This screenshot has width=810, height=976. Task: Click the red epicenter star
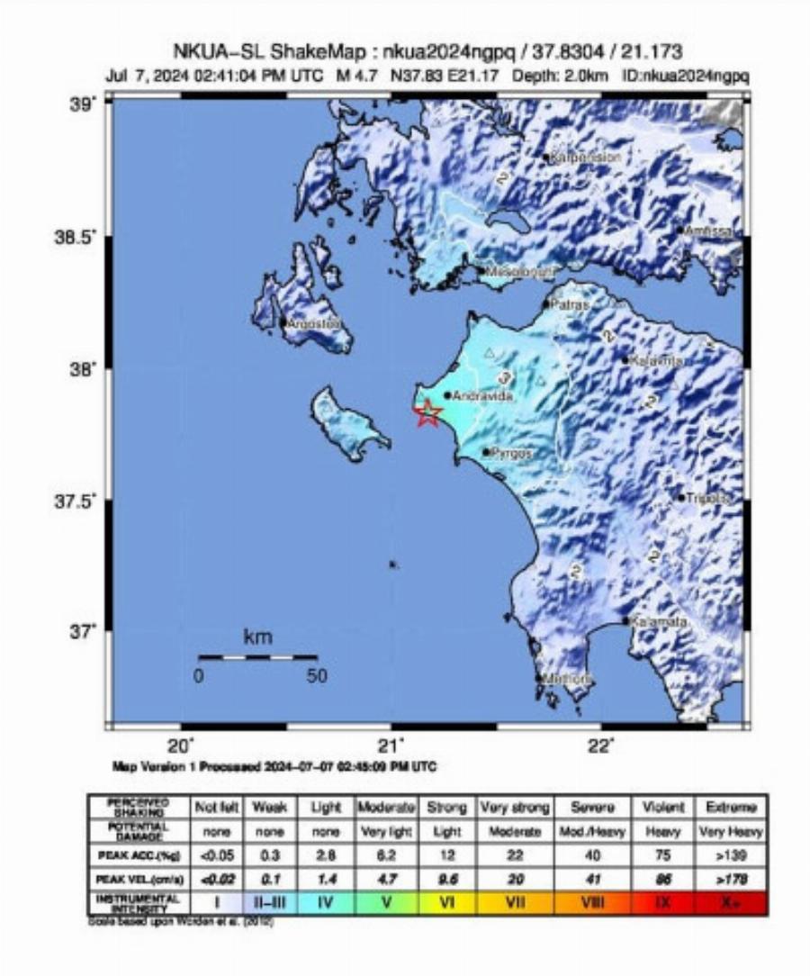point(429,413)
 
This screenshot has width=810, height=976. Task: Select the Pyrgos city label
point(510,454)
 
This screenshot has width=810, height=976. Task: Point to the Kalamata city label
point(659,622)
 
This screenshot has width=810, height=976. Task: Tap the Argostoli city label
point(314,322)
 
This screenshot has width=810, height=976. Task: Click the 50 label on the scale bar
point(316,677)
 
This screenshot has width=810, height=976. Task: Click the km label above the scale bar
point(257,637)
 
